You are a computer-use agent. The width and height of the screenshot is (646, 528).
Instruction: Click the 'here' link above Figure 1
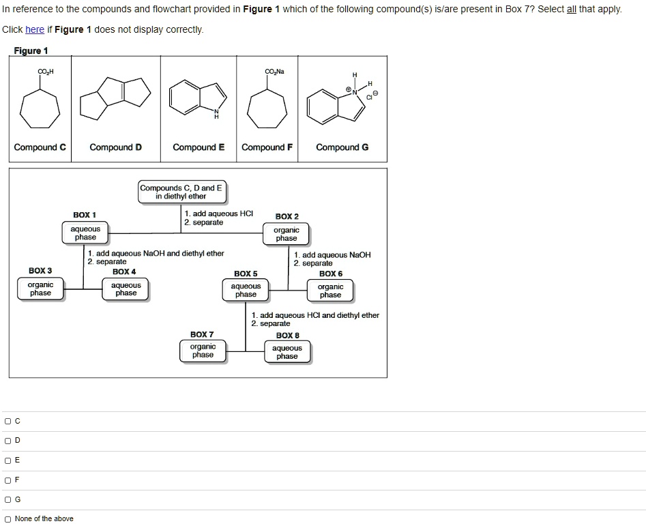[34, 29]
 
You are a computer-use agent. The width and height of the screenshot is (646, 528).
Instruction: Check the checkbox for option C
[8, 421]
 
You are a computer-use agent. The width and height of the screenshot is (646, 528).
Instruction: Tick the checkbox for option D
[8, 441]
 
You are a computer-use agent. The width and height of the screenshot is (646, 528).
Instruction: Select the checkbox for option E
[8, 460]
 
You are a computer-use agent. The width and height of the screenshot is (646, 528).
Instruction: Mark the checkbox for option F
[8, 480]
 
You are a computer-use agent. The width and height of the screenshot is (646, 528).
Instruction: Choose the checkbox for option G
[8, 500]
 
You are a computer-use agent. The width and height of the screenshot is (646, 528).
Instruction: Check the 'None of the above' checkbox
[8, 519]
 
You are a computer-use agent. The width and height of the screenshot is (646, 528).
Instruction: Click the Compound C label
[40, 147]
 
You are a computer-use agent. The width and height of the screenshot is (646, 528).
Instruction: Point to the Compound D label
[116, 147]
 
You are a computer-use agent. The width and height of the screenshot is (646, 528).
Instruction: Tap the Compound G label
[342, 147]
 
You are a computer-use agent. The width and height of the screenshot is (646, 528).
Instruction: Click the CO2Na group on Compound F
[275, 71]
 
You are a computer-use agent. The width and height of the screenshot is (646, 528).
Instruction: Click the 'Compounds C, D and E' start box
[181, 192]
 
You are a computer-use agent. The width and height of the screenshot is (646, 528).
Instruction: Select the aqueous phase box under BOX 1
[85, 233]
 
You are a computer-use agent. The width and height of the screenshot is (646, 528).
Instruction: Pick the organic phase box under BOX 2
[287, 235]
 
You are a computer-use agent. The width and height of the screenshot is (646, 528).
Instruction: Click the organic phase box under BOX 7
[203, 351]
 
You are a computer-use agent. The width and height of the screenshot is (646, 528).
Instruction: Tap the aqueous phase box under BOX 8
[287, 352]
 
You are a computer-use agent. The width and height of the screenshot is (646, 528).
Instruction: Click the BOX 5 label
[246, 274]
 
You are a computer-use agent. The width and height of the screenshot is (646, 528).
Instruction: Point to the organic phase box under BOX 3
[40, 289]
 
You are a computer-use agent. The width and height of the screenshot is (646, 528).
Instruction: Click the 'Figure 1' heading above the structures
[31, 51]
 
